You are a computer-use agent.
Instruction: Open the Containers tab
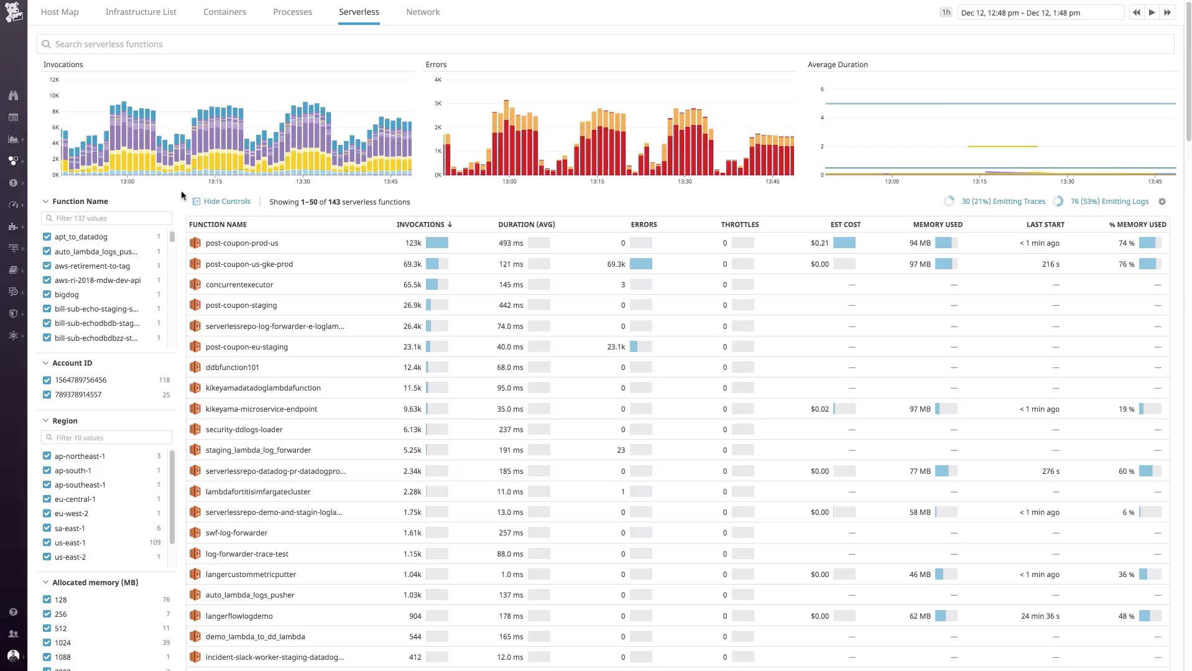224,12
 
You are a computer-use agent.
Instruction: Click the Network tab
423,12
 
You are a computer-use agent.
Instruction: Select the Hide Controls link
226,201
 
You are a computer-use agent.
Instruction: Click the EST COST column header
845,224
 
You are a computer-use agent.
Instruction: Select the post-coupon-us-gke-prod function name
249,264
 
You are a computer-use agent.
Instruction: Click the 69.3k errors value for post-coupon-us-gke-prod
616,264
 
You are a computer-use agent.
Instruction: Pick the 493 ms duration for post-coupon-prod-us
511,243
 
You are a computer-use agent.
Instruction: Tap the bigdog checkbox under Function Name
47,295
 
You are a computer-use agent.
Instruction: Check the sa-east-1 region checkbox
47,528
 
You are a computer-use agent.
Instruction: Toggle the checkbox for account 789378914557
47,395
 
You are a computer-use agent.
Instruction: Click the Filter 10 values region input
107,438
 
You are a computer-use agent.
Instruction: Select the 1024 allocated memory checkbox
47,643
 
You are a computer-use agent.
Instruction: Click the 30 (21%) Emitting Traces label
1003,201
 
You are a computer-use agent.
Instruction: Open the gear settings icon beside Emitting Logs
1162,201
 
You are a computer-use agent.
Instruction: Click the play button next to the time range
1152,12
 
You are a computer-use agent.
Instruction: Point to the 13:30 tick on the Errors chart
684,182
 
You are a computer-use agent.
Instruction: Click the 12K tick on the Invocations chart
54,80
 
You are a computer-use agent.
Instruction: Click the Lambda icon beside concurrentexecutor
195,285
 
